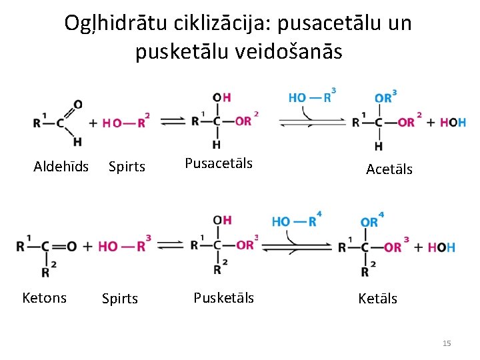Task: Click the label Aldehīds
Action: [x=61, y=167]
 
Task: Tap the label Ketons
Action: [x=44, y=297]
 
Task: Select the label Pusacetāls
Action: [x=219, y=163]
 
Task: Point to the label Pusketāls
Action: [x=223, y=297]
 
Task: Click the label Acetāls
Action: [x=389, y=169]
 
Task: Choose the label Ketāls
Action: [x=377, y=299]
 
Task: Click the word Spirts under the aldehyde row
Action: [x=127, y=167]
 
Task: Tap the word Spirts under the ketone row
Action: [x=120, y=299]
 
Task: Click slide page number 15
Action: [x=447, y=343]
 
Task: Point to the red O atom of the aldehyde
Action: [x=78, y=104]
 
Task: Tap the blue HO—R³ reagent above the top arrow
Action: [x=311, y=97]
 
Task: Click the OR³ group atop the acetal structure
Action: [x=385, y=97]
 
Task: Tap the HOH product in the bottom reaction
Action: [x=441, y=247]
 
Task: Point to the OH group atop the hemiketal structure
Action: [x=222, y=220]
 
